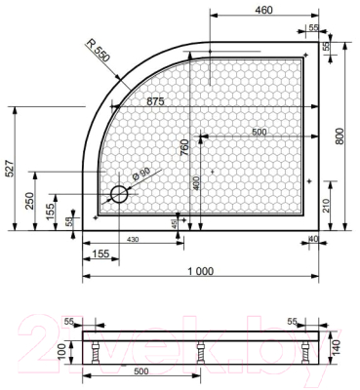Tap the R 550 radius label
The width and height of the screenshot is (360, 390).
99,52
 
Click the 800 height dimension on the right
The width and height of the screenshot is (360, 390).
340,136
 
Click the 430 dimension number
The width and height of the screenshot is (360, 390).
133,240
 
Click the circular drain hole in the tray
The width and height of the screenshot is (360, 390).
120,194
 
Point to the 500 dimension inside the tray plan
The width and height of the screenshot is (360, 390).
258,132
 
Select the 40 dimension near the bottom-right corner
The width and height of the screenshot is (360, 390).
314,240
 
